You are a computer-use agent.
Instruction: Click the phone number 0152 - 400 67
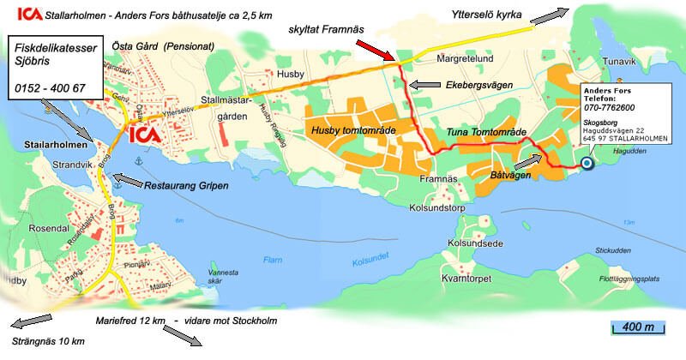coord(50,88)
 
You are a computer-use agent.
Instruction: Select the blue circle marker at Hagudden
coord(587,163)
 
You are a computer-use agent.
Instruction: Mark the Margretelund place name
coord(467,61)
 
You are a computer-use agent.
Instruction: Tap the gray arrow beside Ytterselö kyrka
coord(548,14)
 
